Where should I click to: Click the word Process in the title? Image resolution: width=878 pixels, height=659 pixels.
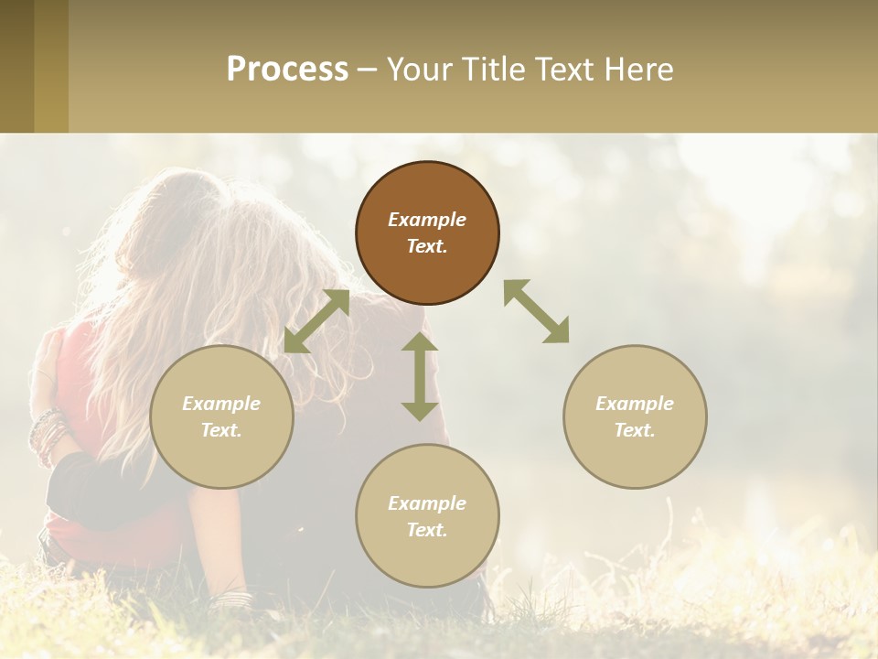[x=287, y=70]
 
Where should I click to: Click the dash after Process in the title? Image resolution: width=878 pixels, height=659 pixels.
[x=367, y=70]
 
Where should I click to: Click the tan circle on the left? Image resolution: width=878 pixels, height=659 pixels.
[x=221, y=416]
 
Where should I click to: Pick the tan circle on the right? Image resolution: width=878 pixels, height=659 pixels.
[x=635, y=416]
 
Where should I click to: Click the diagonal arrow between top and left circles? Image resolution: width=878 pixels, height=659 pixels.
[x=316, y=321]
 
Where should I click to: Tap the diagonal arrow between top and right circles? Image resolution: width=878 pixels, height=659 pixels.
[x=537, y=311]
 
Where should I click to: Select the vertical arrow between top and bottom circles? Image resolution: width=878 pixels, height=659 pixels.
[x=420, y=376]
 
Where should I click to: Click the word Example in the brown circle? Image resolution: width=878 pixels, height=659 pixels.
[x=427, y=220]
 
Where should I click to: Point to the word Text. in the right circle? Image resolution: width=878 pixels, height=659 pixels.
[x=635, y=430]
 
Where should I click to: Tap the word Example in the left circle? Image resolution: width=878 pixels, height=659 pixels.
[x=221, y=404]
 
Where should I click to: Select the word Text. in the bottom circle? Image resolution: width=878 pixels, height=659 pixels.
[x=427, y=530]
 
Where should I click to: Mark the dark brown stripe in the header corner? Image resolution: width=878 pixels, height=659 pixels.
[x=16, y=66]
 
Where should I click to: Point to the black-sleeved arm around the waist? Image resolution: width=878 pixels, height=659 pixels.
[x=91, y=485]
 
